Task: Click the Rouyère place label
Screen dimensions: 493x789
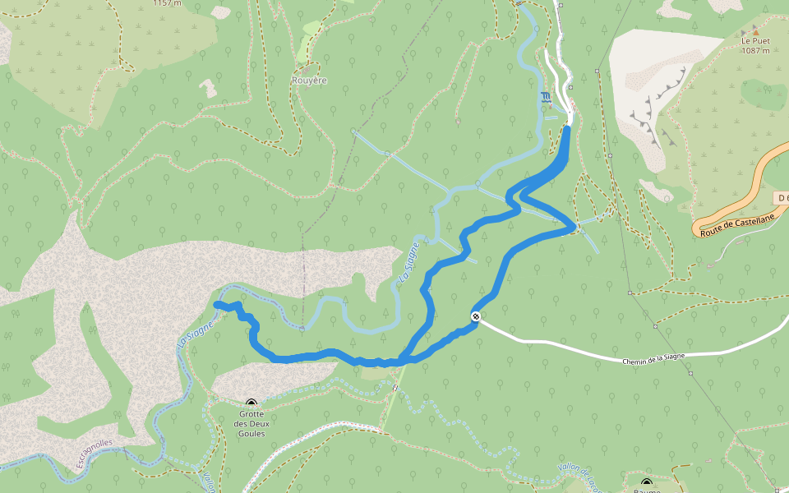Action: click(309, 81)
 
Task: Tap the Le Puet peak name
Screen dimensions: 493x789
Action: click(755, 40)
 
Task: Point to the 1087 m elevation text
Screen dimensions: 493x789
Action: click(755, 50)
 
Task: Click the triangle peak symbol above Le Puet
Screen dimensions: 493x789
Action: click(755, 30)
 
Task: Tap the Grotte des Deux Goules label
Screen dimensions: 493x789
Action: click(251, 423)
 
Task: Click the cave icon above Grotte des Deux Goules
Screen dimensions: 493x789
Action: click(251, 403)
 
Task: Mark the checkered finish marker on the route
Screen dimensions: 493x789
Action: click(476, 316)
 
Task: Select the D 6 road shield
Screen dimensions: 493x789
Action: click(782, 198)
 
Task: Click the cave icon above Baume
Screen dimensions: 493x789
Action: click(647, 482)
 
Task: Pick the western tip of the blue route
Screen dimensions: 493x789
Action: click(216, 305)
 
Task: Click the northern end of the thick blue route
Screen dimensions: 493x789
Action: click(568, 127)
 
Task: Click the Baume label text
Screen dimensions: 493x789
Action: click(647, 491)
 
